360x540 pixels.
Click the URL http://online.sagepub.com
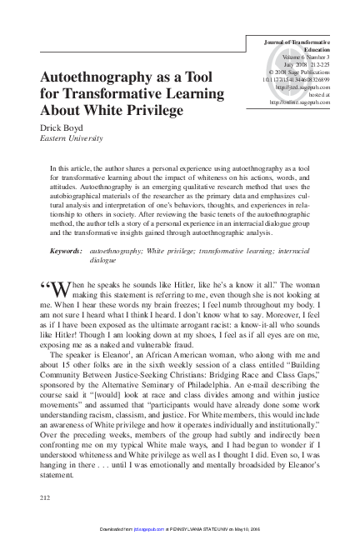(x=297, y=102)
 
